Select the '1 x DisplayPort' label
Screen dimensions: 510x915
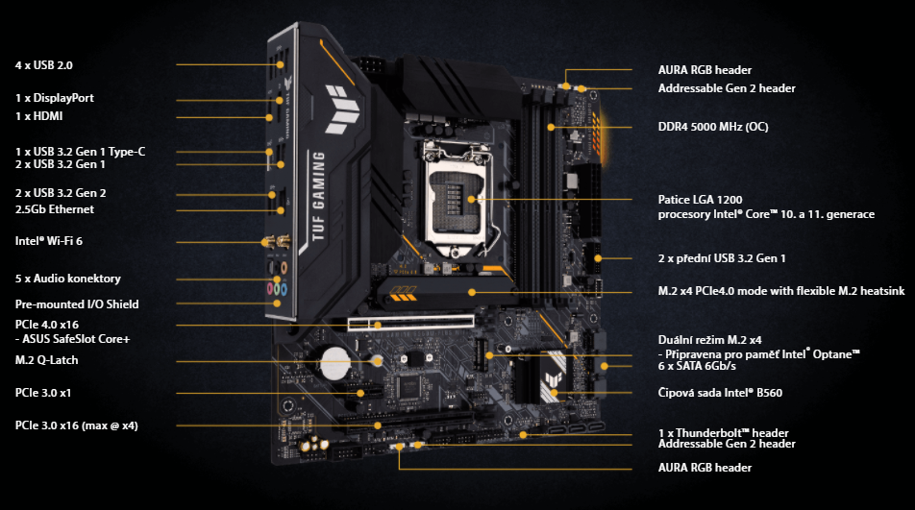[x=55, y=98]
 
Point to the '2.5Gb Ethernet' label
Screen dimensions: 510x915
[x=55, y=209]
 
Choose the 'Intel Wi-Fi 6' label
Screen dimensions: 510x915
[x=49, y=240]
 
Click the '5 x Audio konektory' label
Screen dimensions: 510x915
[x=68, y=279]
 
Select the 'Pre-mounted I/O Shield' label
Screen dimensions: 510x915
[x=77, y=304]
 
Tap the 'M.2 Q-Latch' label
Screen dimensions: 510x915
[x=47, y=360]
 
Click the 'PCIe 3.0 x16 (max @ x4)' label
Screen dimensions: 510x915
[x=77, y=425]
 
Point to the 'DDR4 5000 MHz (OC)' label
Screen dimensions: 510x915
[x=713, y=127]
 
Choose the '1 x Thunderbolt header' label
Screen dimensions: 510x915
[x=724, y=433]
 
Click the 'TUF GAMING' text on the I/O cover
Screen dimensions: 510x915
[x=317, y=200]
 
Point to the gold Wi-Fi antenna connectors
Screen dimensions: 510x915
[x=271, y=245]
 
